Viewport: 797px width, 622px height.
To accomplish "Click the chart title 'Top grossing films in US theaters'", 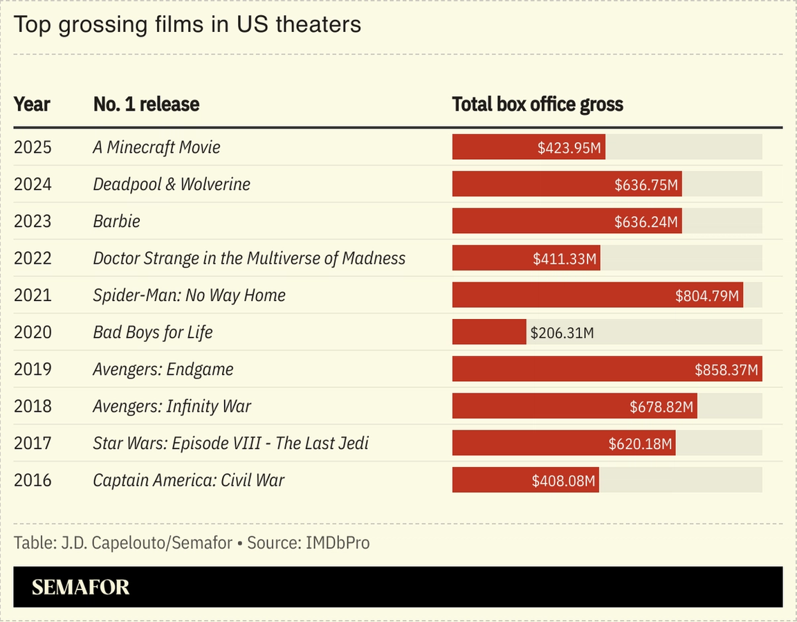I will pyautogui.click(x=187, y=25).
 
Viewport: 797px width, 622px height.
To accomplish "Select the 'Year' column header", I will pyautogui.click(x=32, y=104).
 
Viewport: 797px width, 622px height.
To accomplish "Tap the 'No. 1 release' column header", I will pyautogui.click(x=146, y=104).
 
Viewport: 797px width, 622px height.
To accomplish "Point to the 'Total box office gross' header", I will pyautogui.click(x=538, y=104).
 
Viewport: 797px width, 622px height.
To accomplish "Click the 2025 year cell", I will pyautogui.click(x=33, y=147).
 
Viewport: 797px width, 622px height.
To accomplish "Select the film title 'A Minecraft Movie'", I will pyautogui.click(x=156, y=147).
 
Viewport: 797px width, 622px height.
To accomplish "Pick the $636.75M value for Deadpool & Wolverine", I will pyautogui.click(x=646, y=185).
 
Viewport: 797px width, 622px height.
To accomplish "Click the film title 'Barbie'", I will pyautogui.click(x=116, y=221).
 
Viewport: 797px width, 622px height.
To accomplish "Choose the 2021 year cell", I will pyautogui.click(x=33, y=295).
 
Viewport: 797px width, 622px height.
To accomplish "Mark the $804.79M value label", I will pyautogui.click(x=708, y=296).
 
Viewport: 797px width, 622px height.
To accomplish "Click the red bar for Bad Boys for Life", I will pyautogui.click(x=489, y=332).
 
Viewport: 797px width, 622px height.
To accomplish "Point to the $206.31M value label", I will pyautogui.click(x=562, y=333).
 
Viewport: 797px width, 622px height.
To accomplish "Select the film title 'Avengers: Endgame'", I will pyautogui.click(x=163, y=369).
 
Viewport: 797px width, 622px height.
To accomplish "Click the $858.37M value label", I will pyautogui.click(x=726, y=370).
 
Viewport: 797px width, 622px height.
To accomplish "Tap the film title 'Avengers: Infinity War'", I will pyautogui.click(x=172, y=406).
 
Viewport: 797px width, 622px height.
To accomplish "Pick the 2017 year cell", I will pyautogui.click(x=33, y=443).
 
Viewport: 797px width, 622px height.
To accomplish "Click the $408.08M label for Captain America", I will pyautogui.click(x=564, y=481).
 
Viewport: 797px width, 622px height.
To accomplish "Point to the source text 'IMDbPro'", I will pyautogui.click(x=338, y=543).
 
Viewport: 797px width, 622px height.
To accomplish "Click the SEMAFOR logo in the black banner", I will pyautogui.click(x=80, y=587).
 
